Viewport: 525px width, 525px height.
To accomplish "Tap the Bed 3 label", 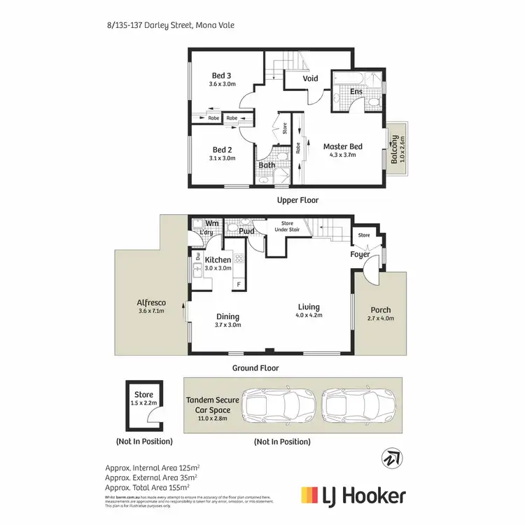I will [x=221, y=76].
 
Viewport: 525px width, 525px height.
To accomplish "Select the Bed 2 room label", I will [x=221, y=150].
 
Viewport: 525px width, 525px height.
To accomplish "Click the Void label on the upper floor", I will [x=310, y=78].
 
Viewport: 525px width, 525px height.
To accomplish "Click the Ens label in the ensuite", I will [x=356, y=91].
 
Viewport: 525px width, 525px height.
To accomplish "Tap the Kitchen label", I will [x=218, y=260].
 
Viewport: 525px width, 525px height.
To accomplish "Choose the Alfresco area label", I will [x=150, y=303].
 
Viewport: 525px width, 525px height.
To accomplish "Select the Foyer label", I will [x=360, y=255].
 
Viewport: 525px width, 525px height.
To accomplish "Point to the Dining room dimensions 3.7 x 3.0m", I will [x=227, y=325].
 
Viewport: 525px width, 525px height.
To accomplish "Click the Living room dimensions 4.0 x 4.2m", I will [x=308, y=315].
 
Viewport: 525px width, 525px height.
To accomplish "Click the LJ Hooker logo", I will [x=353, y=496].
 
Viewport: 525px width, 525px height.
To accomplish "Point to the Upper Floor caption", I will [x=297, y=200].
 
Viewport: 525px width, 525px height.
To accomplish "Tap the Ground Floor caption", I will [x=255, y=367].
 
